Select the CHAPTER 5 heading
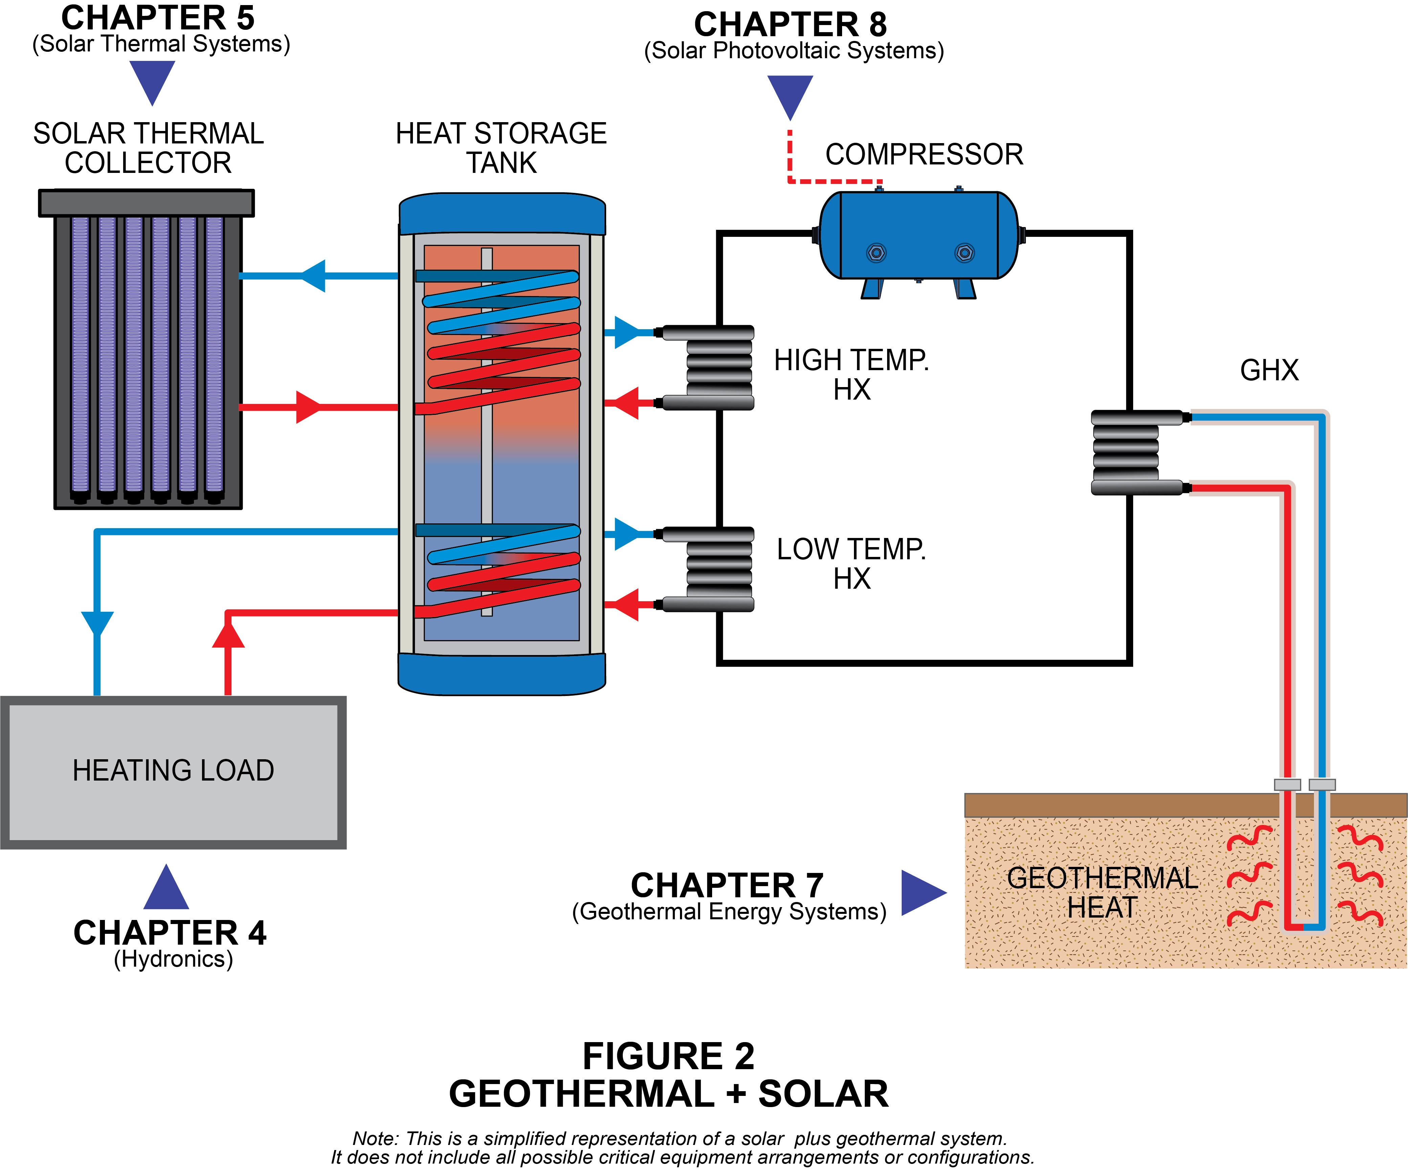[x=158, y=18]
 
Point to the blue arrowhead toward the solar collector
[x=314, y=275]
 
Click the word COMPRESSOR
[x=924, y=155]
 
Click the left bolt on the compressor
[x=876, y=253]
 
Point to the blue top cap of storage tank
[x=502, y=213]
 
